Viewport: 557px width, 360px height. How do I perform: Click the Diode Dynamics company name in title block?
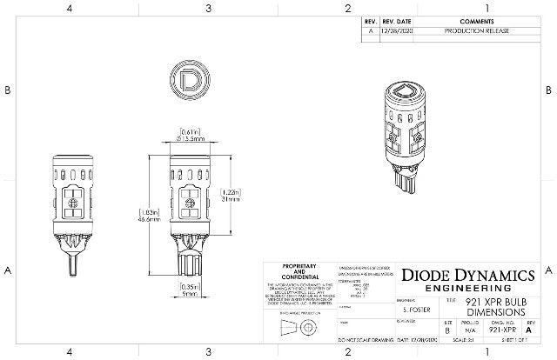466,275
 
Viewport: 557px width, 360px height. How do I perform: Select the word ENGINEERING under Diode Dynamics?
466,289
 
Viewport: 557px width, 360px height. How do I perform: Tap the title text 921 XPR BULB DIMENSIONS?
493,306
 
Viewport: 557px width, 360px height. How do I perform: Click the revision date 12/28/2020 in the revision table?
393,30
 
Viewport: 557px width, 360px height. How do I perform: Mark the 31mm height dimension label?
230,198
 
